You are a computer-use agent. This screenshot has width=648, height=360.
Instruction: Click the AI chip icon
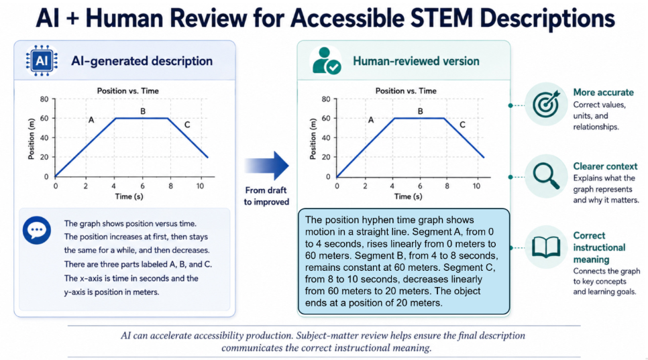42,61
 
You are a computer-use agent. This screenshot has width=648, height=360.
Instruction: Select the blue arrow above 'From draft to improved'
266,166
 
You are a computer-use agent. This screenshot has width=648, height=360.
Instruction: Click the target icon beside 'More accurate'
546,104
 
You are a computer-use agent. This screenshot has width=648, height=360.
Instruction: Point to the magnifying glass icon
546,176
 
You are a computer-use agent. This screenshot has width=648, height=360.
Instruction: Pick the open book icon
546,247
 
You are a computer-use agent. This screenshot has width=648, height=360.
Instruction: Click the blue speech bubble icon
37,230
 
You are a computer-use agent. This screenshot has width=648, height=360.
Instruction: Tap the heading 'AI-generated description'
142,61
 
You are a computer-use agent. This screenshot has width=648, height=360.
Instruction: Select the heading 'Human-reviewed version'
416,61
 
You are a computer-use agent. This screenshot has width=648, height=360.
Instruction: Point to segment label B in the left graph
143,111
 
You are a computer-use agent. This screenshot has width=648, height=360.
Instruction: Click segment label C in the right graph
462,125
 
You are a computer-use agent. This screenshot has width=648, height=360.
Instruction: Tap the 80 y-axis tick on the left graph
44,99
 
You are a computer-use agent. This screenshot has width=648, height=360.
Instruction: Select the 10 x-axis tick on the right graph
476,186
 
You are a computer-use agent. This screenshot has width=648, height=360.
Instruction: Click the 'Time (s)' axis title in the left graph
129,196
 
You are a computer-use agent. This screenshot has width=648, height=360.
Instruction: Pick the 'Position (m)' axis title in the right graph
313,139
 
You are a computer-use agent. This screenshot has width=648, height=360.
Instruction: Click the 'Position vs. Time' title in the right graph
406,91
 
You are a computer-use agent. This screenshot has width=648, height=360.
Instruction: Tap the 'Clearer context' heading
605,166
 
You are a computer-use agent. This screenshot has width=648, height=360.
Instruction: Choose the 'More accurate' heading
603,93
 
